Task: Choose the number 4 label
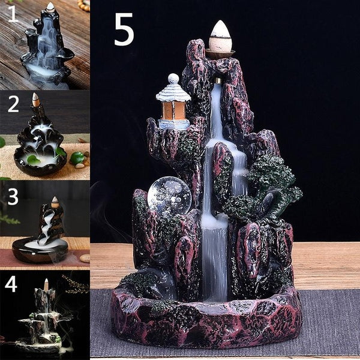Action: pyautogui.click(x=11, y=284)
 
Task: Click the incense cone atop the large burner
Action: pyautogui.click(x=220, y=37)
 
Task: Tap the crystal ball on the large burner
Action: pyautogui.click(x=169, y=195)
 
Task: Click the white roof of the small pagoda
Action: pyautogui.click(x=173, y=92)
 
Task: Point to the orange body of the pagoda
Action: pyautogui.click(x=174, y=110)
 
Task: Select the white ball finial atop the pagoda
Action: pyautogui.click(x=173, y=78)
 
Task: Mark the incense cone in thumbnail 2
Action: pyautogui.click(x=35, y=100)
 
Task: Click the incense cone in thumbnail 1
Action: pyautogui.click(x=50, y=7)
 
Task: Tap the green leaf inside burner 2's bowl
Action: pyautogui.click(x=34, y=160)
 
